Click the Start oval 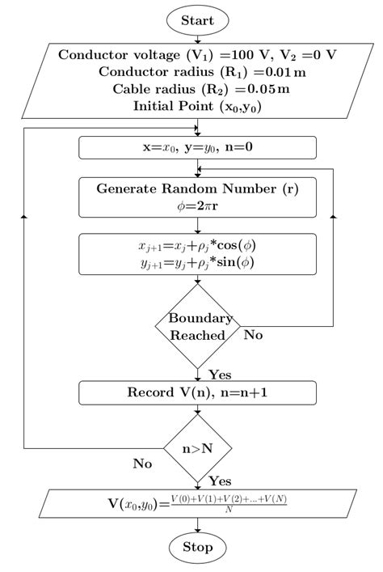(197, 19)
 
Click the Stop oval (197, 548)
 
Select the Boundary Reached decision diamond (197, 326)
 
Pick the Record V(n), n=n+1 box (197, 393)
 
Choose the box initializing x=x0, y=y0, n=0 (197, 148)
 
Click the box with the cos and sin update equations (197, 256)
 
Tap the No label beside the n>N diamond (143, 464)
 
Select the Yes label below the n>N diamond (220, 481)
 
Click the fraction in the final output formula (229, 503)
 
